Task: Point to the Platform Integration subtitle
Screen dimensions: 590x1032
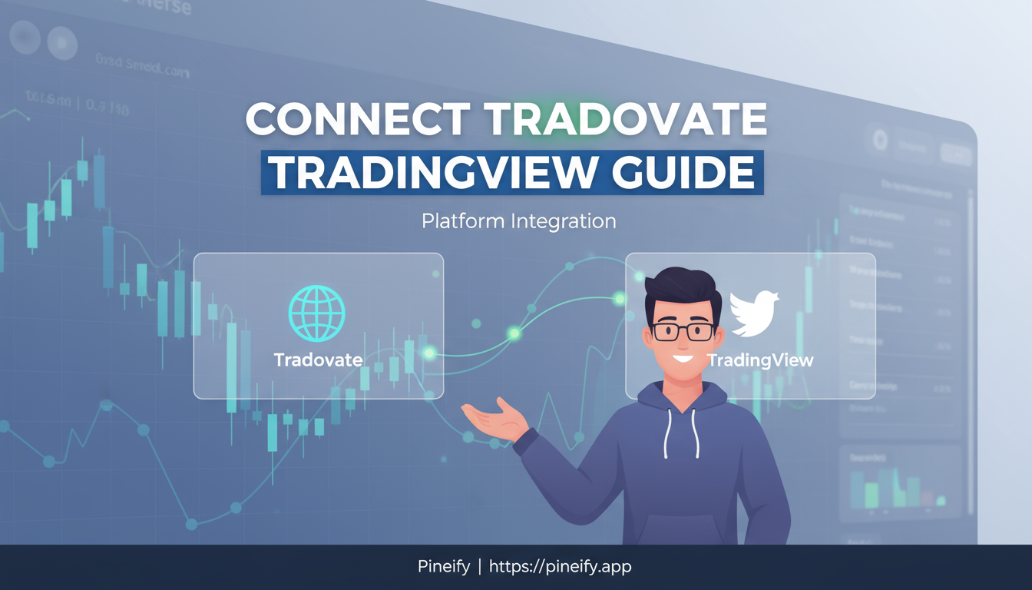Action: point(518,221)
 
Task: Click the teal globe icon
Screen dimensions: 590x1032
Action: point(316,314)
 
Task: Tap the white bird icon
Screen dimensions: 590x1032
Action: point(754,313)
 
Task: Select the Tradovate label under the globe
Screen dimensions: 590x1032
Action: point(318,360)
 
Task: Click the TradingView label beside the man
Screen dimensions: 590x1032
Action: point(760,360)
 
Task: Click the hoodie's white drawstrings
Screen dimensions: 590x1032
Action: point(682,434)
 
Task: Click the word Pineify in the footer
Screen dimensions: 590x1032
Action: point(443,567)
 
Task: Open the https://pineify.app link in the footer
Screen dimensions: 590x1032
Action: point(560,567)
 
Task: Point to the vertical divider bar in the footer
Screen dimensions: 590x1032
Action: point(479,567)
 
